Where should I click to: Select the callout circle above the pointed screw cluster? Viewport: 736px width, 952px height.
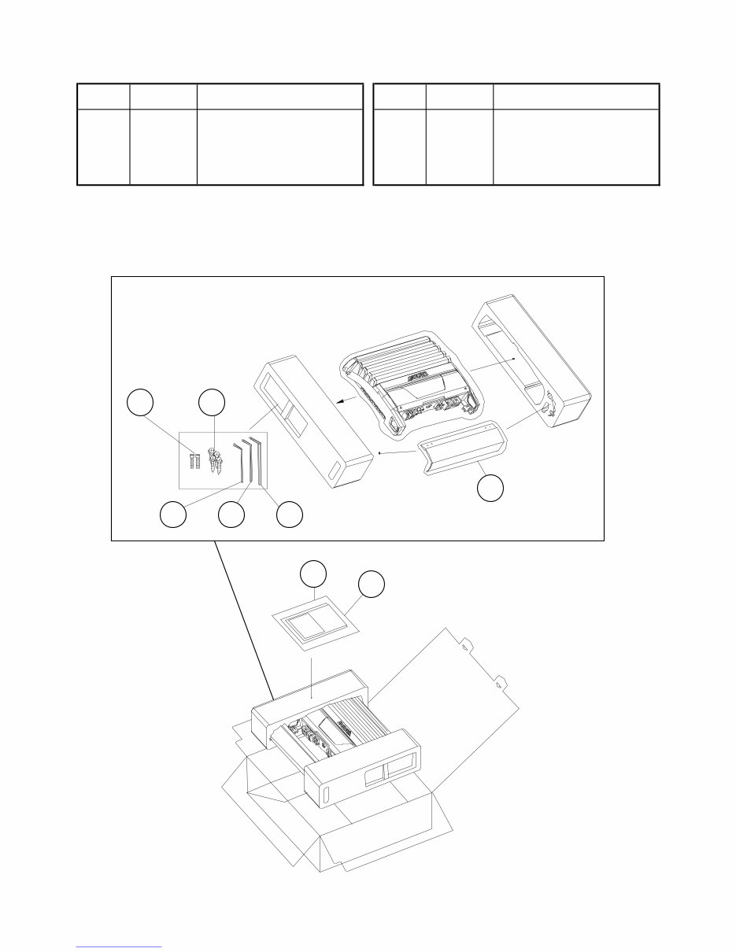point(212,403)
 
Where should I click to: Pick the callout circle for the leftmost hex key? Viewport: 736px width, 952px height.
point(173,515)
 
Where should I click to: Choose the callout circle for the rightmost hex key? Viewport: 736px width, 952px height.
point(290,515)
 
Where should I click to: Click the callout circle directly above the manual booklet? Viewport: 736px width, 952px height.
point(314,575)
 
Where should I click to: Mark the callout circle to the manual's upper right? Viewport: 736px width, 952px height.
point(371,585)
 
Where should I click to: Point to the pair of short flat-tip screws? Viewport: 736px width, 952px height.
point(194,459)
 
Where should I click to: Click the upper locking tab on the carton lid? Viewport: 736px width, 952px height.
point(466,647)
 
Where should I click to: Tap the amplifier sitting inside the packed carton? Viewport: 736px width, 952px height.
point(331,727)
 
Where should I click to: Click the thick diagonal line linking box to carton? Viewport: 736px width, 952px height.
point(244,622)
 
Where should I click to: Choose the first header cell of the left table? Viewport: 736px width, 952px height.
point(103,97)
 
